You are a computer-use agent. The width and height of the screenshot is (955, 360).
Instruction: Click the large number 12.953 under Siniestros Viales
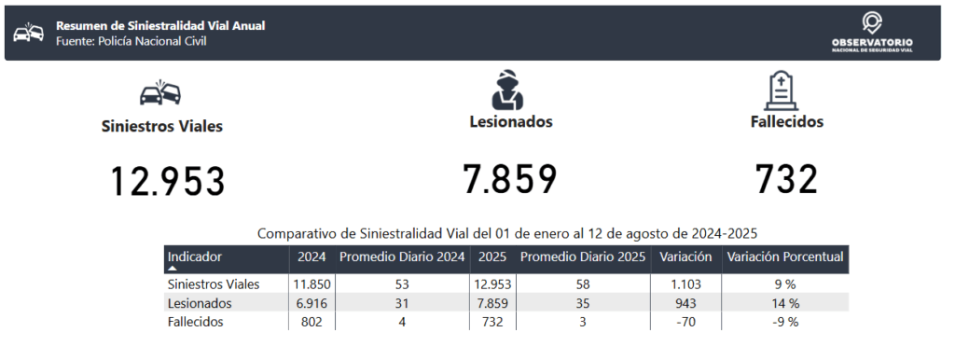(168, 182)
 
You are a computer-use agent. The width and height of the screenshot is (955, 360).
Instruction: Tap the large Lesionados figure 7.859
(510, 179)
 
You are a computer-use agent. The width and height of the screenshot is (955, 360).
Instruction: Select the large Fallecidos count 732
(786, 180)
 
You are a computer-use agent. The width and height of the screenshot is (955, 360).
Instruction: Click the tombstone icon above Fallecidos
(782, 90)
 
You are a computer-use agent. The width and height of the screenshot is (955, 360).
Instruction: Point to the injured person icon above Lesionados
(507, 90)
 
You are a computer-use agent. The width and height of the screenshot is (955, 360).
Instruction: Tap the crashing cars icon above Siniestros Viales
(160, 92)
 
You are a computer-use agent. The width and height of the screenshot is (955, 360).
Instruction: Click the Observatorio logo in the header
(872, 33)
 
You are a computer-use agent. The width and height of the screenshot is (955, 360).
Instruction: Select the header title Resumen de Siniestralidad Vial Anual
(160, 26)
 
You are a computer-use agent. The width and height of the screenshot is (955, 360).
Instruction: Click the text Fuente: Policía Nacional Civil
(131, 41)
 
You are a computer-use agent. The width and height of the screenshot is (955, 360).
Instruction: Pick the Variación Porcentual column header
(785, 257)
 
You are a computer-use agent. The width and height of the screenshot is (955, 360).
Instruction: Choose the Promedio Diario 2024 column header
(402, 257)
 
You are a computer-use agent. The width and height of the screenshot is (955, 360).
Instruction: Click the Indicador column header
(195, 257)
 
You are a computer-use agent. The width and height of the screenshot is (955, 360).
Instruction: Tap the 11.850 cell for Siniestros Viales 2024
(311, 284)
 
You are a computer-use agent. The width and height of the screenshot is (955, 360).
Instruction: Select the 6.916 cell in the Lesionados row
(311, 303)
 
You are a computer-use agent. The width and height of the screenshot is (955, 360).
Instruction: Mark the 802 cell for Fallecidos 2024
(311, 323)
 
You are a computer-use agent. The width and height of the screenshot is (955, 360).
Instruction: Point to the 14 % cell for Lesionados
(785, 303)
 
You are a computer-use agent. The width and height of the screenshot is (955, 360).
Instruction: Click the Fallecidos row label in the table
(195, 323)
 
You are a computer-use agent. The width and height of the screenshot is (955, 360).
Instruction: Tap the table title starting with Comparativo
(506, 233)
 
